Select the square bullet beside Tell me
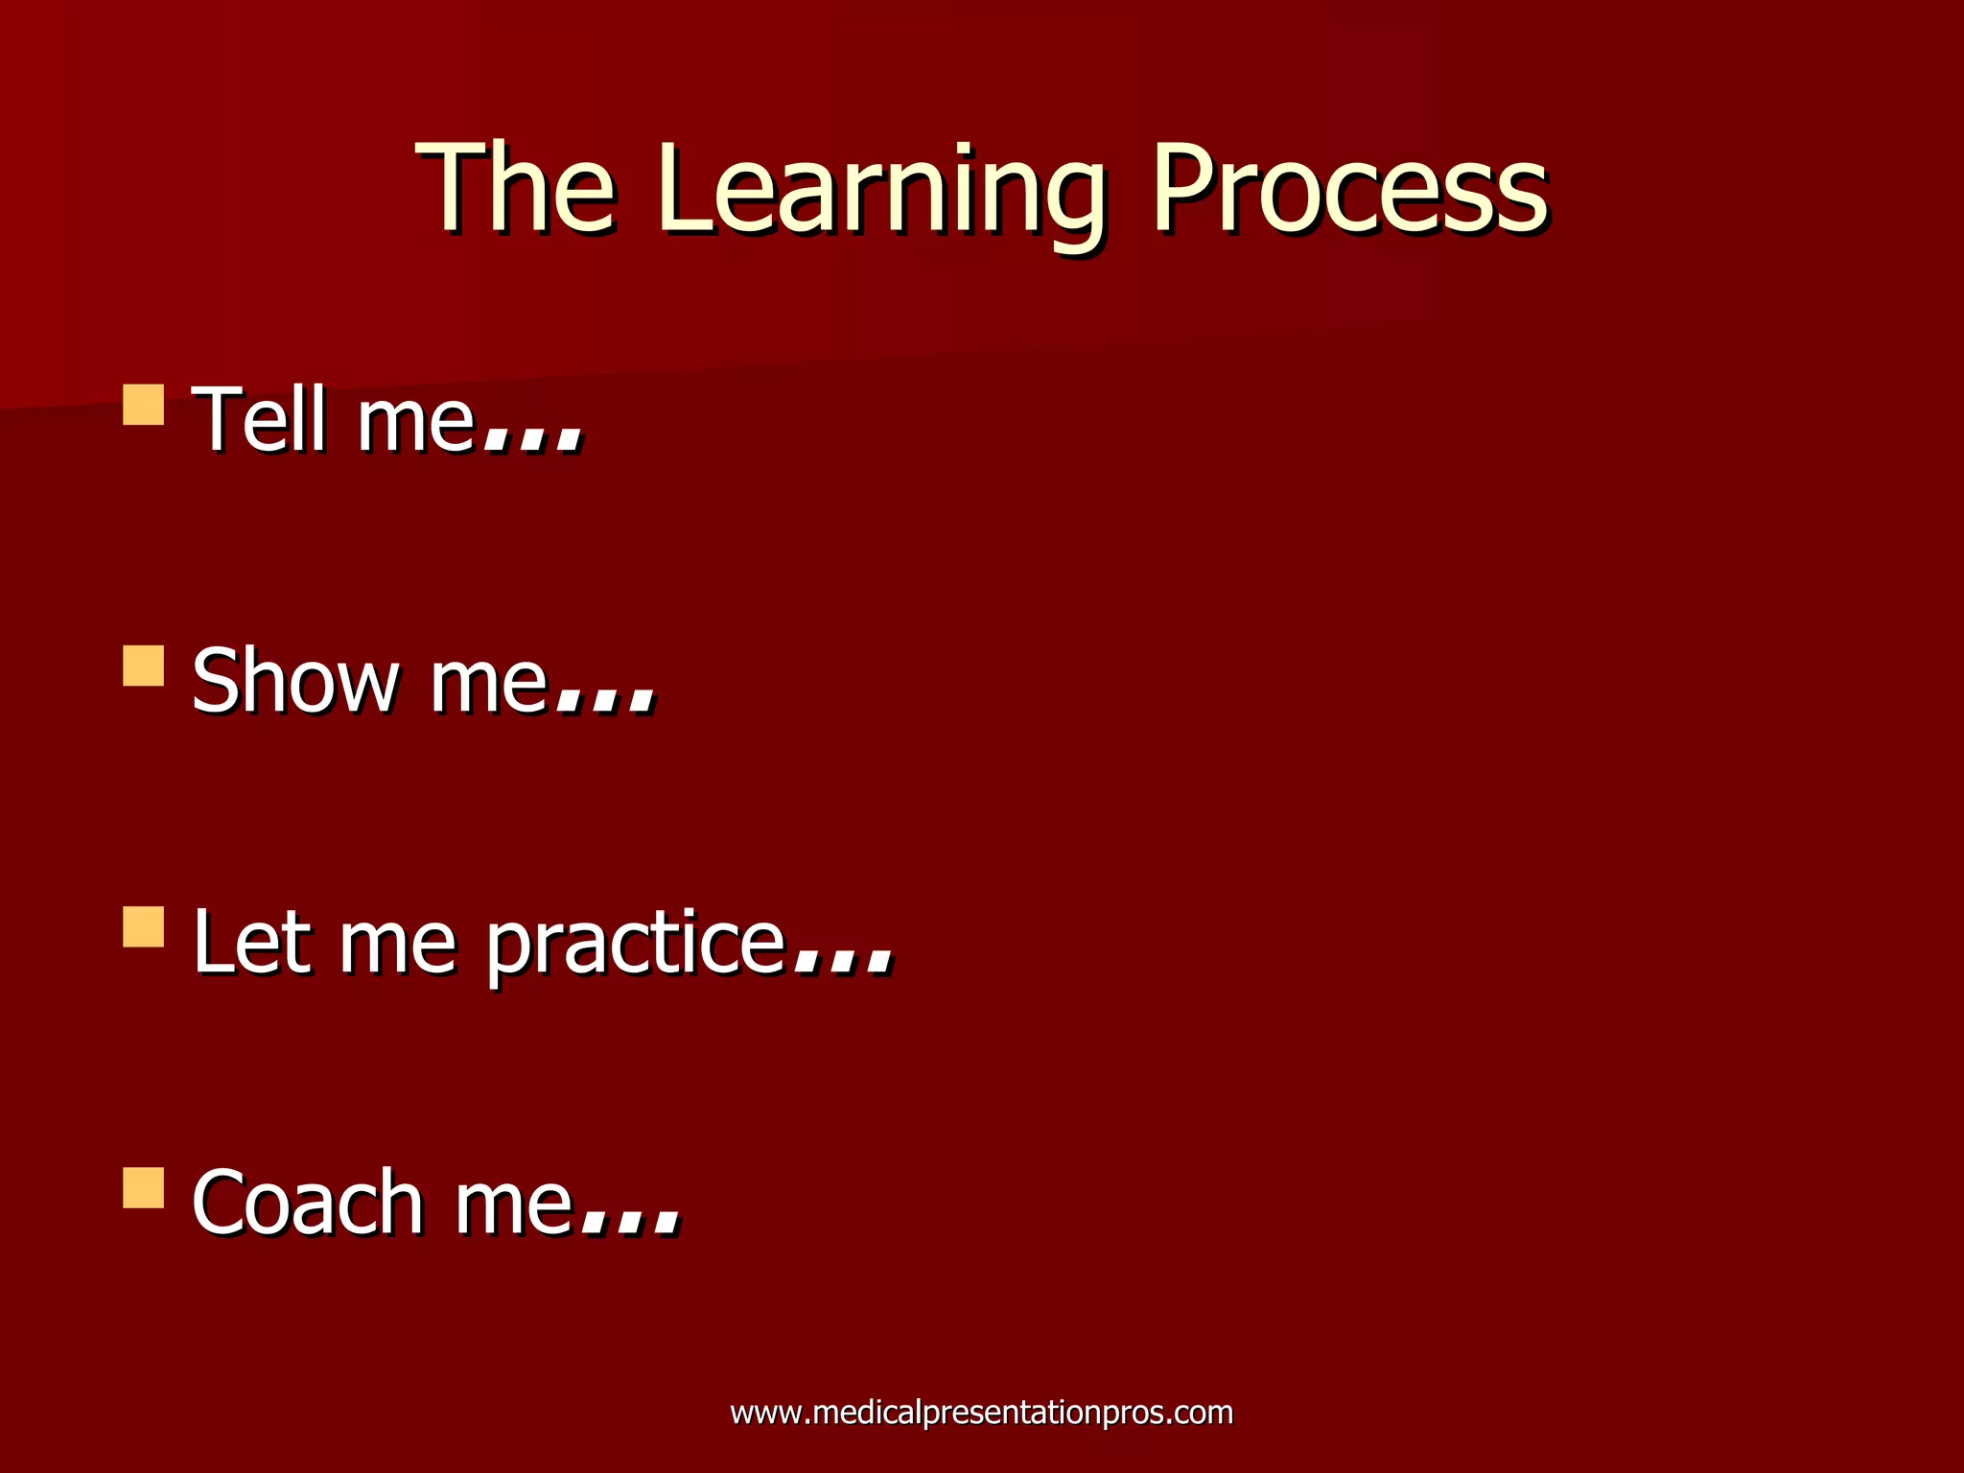[x=144, y=405]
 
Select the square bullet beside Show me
[x=144, y=666]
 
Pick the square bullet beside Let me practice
[x=144, y=926]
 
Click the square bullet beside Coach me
[x=144, y=1187]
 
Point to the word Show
[x=295, y=681]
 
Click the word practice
[x=635, y=946]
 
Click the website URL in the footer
[x=981, y=1413]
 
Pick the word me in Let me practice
[x=397, y=946]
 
